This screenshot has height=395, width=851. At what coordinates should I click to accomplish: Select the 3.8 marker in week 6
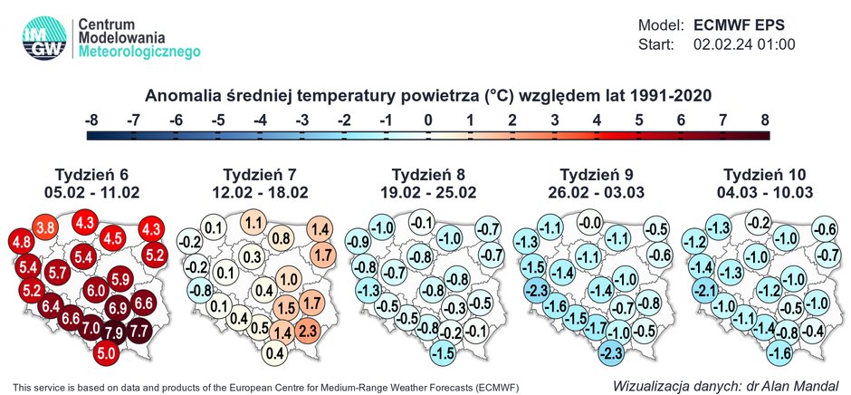46,226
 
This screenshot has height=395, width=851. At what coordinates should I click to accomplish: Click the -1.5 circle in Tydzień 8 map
444,352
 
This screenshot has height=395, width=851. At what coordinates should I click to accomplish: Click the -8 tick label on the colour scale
91,120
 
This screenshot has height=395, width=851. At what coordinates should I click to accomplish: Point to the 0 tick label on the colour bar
429,120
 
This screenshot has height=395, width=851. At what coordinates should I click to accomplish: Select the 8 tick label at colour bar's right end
765,120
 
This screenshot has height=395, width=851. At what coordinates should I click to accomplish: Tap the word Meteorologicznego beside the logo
140,54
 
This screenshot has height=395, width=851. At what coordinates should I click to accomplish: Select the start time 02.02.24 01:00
744,43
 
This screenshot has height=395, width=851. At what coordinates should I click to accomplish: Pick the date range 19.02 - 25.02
430,191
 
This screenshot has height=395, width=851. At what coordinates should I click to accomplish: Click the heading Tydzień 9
598,174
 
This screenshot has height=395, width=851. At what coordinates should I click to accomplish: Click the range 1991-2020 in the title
665,95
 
